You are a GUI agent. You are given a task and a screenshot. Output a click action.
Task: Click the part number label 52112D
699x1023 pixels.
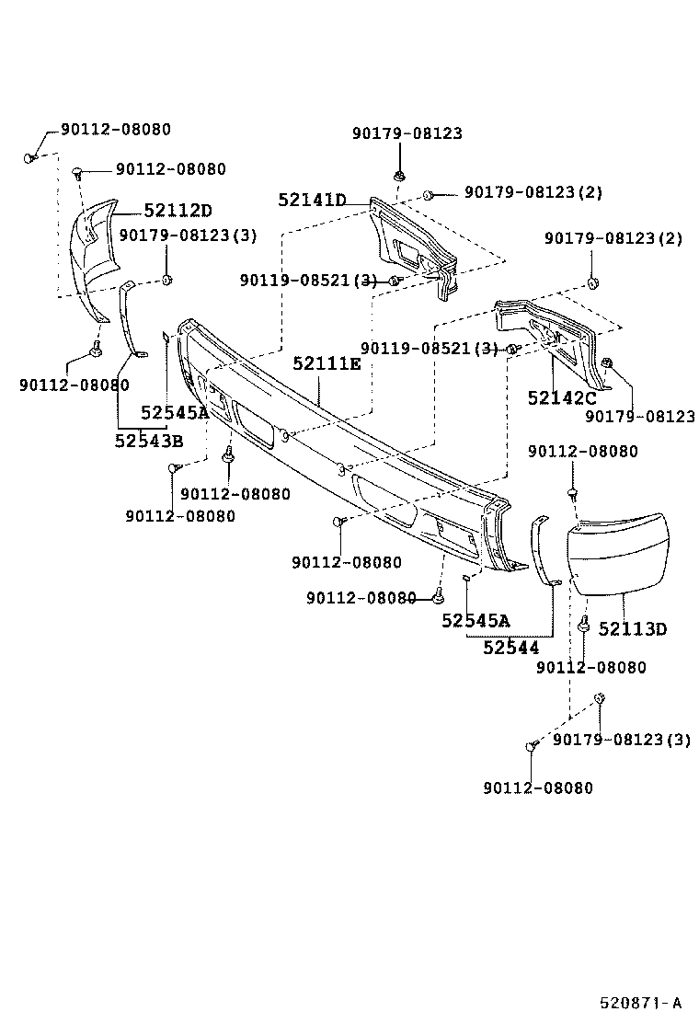[178, 211]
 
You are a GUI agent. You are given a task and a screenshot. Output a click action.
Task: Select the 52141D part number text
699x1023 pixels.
[312, 200]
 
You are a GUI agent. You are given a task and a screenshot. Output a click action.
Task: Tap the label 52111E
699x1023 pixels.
[327, 363]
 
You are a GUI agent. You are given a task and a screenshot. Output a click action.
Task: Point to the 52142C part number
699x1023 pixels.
[562, 397]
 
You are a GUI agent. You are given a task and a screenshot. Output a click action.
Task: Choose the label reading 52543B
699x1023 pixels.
[149, 441]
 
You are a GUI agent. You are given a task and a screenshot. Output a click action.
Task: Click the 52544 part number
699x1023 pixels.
[511, 648]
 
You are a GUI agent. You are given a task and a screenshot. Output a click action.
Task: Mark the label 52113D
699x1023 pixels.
[633, 629]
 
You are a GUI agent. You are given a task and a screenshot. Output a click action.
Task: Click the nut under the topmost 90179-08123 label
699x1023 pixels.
[399, 175]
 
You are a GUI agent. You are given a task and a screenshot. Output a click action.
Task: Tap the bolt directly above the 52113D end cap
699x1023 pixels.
[572, 494]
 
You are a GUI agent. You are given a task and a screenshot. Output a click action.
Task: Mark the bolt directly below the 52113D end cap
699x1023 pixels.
[584, 625]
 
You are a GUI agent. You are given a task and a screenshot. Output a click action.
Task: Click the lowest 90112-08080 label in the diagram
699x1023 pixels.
[538, 787]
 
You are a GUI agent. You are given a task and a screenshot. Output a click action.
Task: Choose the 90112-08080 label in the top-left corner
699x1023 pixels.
[116, 130]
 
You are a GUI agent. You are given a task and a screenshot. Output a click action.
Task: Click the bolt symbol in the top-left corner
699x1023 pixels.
[31, 157]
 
